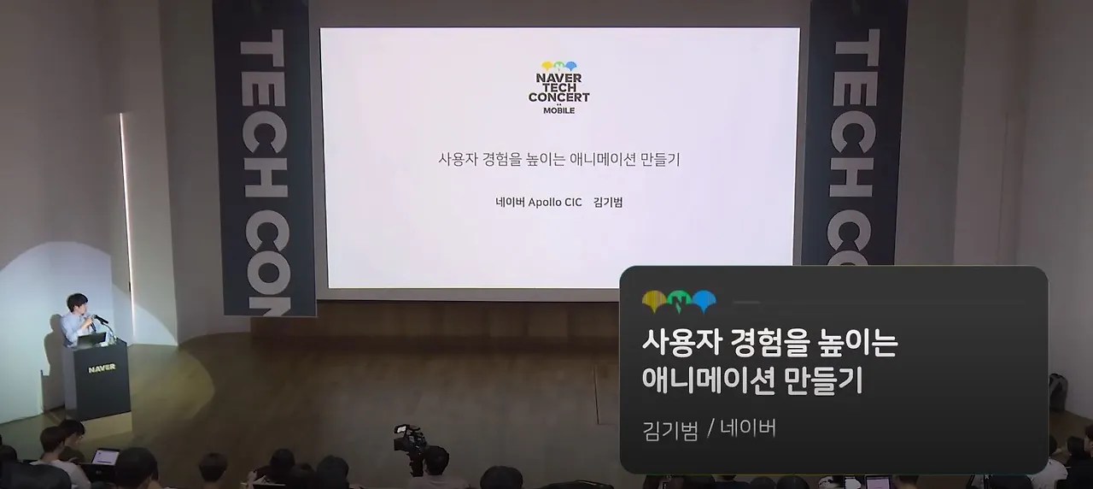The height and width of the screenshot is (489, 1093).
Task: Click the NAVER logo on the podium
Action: click(x=102, y=368)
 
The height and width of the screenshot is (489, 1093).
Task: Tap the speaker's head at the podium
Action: click(x=78, y=303)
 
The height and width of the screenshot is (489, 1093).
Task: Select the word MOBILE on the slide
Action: click(x=559, y=110)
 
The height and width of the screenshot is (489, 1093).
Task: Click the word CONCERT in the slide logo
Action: click(x=559, y=97)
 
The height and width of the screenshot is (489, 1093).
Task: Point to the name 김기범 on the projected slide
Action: click(x=607, y=203)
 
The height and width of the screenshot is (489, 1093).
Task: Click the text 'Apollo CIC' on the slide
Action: click(x=555, y=203)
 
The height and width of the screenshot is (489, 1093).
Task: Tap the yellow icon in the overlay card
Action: click(x=654, y=301)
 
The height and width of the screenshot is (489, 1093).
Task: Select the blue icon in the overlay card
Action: click(x=704, y=301)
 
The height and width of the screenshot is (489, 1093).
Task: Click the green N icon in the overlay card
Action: click(x=679, y=301)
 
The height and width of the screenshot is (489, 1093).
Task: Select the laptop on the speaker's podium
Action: click(x=92, y=338)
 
